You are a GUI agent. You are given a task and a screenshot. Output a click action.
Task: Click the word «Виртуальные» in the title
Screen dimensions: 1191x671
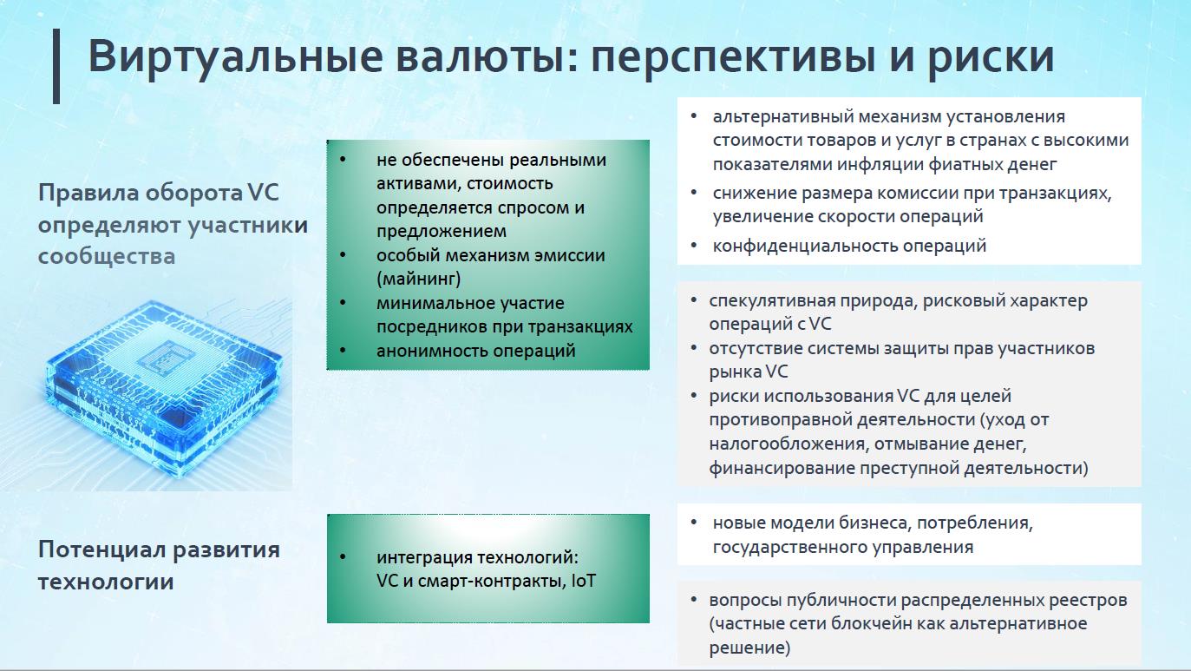(x=235, y=57)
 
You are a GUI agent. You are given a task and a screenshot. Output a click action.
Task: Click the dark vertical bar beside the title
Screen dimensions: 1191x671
(x=56, y=66)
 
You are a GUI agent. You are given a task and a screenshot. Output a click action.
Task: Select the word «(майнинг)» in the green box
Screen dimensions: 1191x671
(x=418, y=279)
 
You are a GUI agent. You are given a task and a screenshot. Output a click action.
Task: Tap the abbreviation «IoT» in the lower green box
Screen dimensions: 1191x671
(x=583, y=581)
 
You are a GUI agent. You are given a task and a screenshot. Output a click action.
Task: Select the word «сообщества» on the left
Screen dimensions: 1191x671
(x=107, y=256)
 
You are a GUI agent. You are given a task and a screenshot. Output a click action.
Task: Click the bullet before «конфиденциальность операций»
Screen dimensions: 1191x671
(x=693, y=246)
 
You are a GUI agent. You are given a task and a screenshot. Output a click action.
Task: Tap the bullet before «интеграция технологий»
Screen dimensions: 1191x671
(x=343, y=557)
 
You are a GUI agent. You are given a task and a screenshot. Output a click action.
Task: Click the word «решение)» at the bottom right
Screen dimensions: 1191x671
(x=749, y=648)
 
